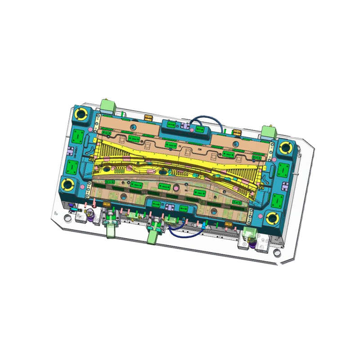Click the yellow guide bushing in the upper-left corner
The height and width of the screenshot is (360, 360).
[83, 113]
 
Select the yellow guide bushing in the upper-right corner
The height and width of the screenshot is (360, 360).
[287, 147]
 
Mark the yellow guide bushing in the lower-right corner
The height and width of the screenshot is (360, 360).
[272, 219]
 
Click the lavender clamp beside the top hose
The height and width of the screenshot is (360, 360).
[186, 125]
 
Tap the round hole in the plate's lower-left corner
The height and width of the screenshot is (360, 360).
[67, 220]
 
